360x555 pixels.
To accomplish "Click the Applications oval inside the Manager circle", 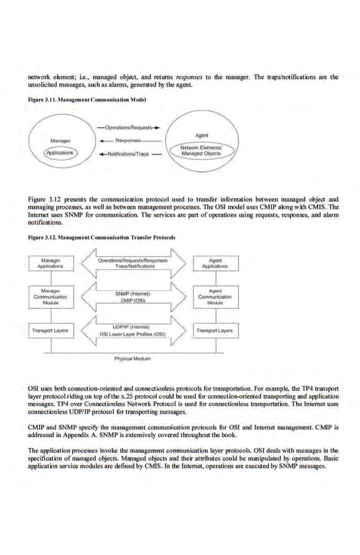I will point(62,152).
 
